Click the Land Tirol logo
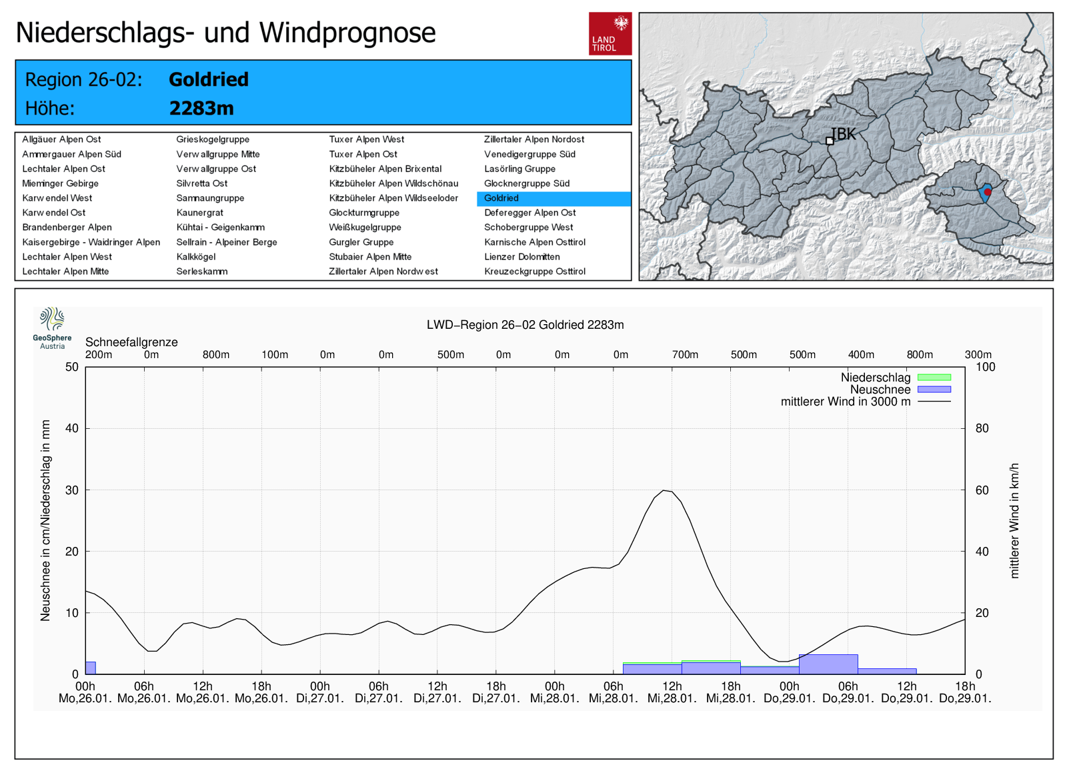(610, 33)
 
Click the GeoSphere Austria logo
(52, 327)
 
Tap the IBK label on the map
(843, 134)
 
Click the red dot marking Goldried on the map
(988, 192)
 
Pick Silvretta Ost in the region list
(201, 183)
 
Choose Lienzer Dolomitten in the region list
(521, 257)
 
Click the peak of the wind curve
(664, 490)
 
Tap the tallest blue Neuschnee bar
(828, 664)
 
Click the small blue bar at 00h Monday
(90, 668)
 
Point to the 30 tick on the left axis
(72, 490)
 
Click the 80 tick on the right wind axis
(982, 429)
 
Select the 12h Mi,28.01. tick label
(672, 692)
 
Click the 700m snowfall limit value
(685, 355)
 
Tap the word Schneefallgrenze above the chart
(131, 342)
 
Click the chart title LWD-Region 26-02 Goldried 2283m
(525, 325)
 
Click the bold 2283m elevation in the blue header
(201, 108)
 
